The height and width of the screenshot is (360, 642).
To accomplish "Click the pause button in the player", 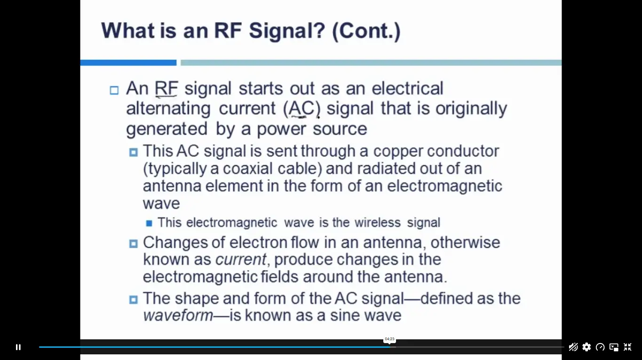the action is pyautogui.click(x=18, y=347).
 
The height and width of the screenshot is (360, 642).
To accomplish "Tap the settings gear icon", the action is pyautogui.click(x=587, y=347).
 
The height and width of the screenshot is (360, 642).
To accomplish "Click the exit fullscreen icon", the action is pyautogui.click(x=627, y=347).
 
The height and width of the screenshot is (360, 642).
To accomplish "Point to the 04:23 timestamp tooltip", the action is pyautogui.click(x=389, y=339).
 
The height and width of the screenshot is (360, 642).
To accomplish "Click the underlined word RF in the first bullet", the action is pyautogui.click(x=166, y=88).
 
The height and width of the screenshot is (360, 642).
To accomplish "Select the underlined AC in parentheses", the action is pyautogui.click(x=301, y=109).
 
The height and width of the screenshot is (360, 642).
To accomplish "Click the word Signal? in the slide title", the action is pyautogui.click(x=287, y=31).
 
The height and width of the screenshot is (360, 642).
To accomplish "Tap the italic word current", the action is pyautogui.click(x=241, y=259).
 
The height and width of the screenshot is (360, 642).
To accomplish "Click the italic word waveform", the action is pyautogui.click(x=178, y=315).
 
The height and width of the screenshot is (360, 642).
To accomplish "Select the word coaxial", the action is pyautogui.click(x=247, y=168).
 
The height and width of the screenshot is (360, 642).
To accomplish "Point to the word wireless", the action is pyautogui.click(x=378, y=222).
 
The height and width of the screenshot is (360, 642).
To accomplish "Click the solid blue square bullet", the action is pyautogui.click(x=149, y=223).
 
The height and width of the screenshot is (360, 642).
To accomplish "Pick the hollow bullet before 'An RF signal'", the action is pyautogui.click(x=114, y=90).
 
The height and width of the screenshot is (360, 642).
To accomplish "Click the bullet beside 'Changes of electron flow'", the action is pyautogui.click(x=133, y=244).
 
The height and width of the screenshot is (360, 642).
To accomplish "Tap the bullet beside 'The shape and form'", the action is pyautogui.click(x=133, y=299).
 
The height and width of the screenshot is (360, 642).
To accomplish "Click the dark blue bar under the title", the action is pyautogui.click(x=128, y=63).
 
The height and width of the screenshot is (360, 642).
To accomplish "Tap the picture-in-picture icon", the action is pyautogui.click(x=614, y=347).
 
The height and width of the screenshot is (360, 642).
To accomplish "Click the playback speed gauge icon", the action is pyautogui.click(x=600, y=347).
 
